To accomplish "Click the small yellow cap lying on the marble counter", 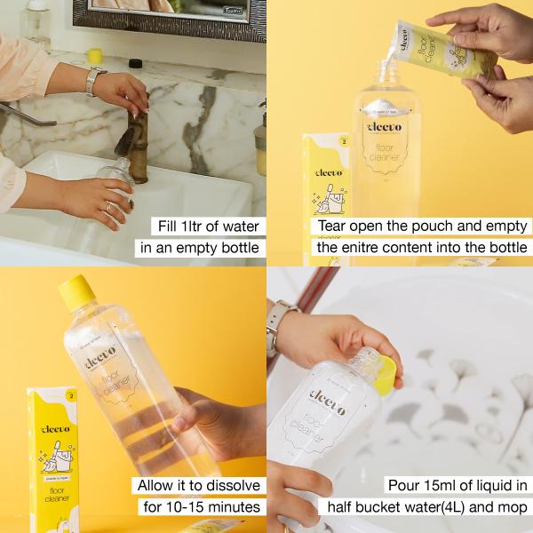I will tap(94, 56).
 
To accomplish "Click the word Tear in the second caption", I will tap(336, 226).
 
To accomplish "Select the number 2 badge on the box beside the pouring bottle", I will tap(343, 141).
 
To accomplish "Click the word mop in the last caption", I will tap(511, 507).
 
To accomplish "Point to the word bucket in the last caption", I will tap(393, 507).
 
